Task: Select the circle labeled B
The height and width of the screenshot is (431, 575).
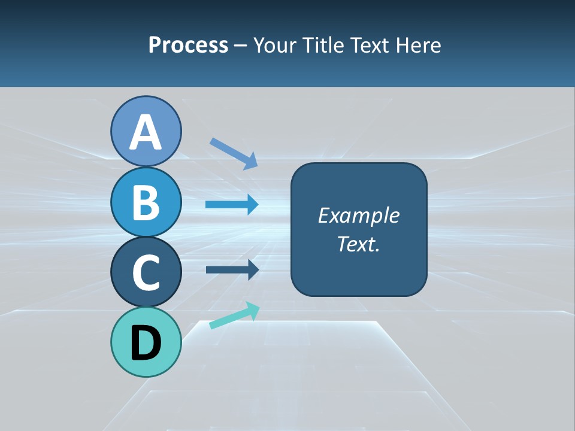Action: tap(146, 202)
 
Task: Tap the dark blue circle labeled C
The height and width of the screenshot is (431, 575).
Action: tap(146, 272)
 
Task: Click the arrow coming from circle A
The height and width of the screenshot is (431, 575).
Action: tap(234, 153)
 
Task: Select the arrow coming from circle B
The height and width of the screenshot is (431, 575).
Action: tap(232, 205)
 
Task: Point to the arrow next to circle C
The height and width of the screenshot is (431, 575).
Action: tap(232, 269)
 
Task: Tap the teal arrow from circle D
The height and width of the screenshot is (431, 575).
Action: tap(234, 315)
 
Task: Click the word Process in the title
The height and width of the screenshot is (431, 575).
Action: tap(188, 45)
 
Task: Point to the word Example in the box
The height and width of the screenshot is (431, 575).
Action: tap(358, 215)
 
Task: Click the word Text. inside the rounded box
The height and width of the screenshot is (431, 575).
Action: tap(358, 244)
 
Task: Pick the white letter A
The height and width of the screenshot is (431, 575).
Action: tap(146, 132)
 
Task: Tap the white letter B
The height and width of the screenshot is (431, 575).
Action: tap(146, 202)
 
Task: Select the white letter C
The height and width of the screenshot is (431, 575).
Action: tap(146, 272)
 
